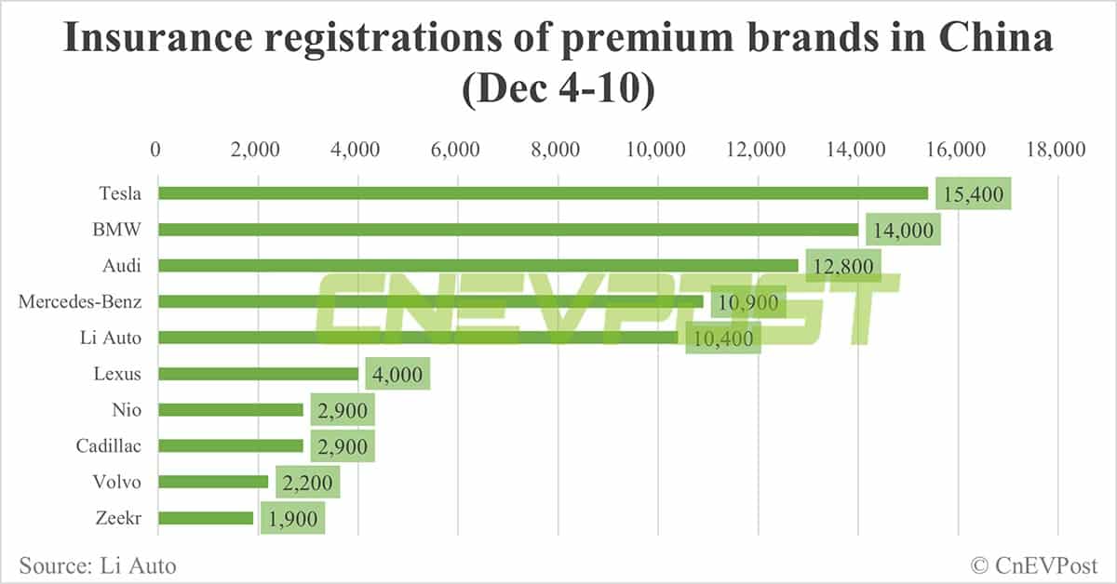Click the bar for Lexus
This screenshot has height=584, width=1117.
258,374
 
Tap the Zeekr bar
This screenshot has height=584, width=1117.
206,518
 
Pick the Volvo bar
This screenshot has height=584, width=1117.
213,482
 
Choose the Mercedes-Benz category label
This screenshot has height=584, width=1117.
79,301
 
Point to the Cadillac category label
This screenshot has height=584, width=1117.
109,446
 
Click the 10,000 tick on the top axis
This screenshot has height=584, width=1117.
657,150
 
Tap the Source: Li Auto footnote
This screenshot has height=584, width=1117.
97,564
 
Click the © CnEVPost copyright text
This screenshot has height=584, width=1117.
1034,564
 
